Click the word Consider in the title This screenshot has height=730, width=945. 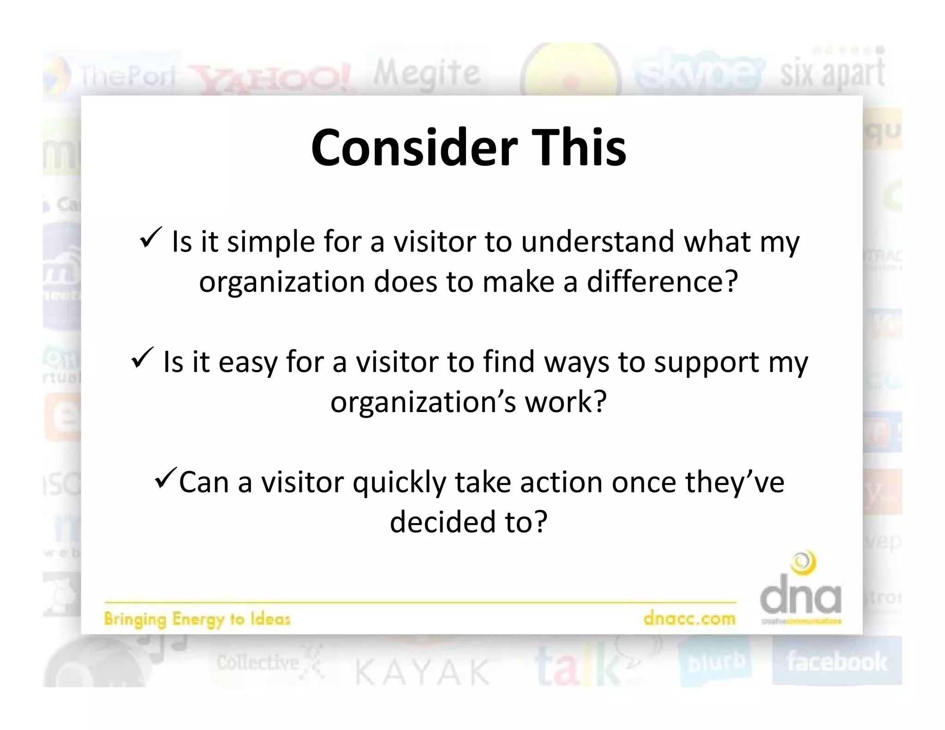click(414, 148)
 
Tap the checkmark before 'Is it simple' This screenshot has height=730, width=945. click(150, 238)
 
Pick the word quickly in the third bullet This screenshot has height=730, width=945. click(400, 484)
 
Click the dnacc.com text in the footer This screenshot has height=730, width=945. click(689, 618)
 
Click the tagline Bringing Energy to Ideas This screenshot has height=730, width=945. click(197, 619)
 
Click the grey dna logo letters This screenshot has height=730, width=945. click(801, 595)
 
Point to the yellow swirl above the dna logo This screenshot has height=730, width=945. click(803, 563)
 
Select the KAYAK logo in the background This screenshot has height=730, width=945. click(422, 672)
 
